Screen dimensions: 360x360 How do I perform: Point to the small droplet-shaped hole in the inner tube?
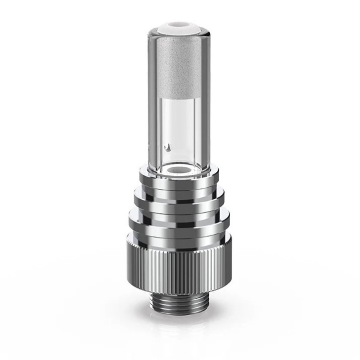(x=169, y=147)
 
